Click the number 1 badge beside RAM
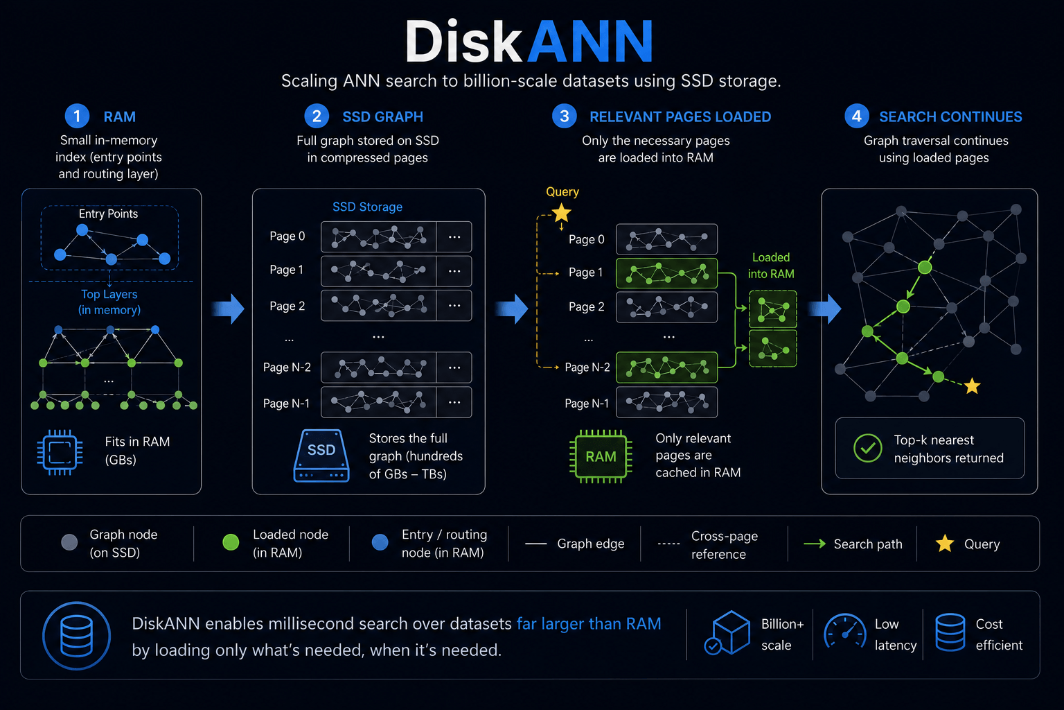77,116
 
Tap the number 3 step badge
565,116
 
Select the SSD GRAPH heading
383,116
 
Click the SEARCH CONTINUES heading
950,116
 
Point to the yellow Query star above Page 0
562,213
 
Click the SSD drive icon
321,456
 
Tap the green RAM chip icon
601,456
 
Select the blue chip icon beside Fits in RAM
60,452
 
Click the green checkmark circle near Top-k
868,448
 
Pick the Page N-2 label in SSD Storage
287,367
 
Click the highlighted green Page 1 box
666,273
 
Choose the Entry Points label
108,214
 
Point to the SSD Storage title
367,207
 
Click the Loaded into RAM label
771,266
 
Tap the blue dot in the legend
380,543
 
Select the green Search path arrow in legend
815,544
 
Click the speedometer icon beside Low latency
845,632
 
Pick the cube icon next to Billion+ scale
728,633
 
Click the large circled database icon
76,636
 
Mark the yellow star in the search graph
973,386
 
